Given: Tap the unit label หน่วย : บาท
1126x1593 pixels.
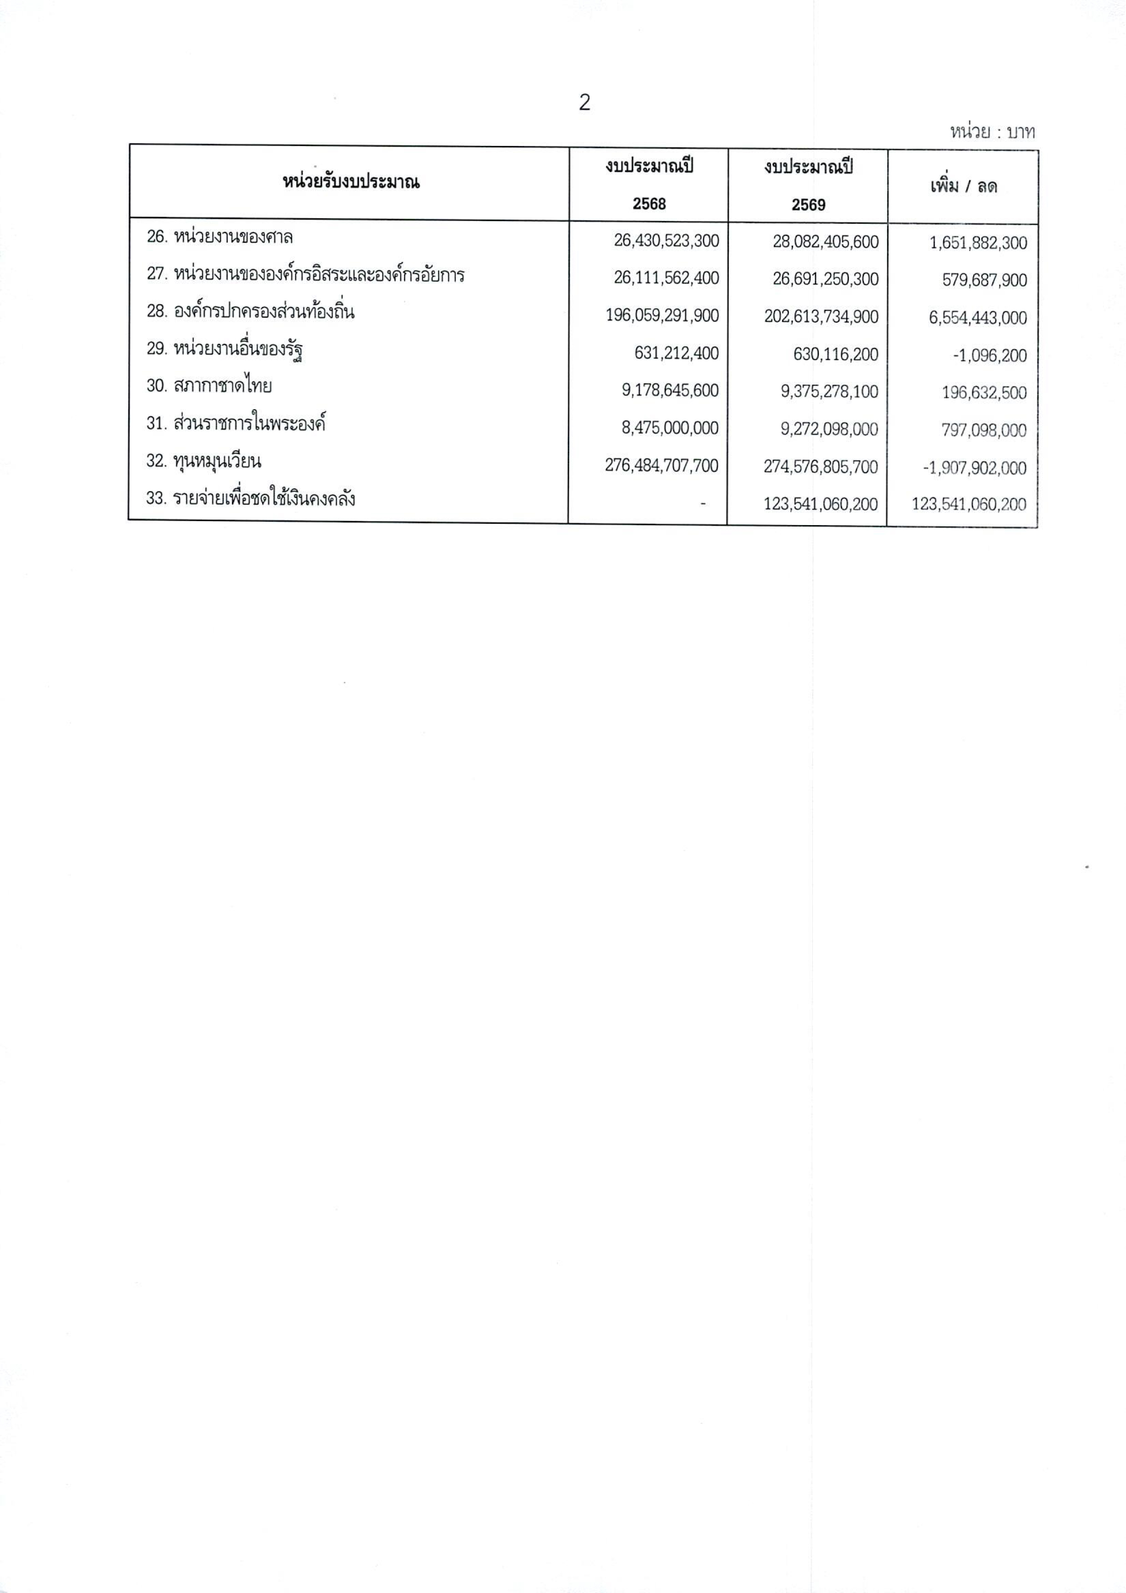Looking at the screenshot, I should [x=992, y=132].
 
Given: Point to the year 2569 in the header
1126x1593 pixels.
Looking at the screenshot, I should [x=808, y=205].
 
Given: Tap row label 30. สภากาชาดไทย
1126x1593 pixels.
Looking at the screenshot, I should [x=208, y=386].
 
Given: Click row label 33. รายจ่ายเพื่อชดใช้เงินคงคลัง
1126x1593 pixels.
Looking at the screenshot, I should [x=251, y=499].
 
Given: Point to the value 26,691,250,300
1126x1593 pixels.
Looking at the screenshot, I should [x=825, y=279].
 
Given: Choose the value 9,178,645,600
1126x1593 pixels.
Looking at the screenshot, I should [x=670, y=391].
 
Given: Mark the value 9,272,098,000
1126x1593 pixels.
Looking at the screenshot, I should [x=829, y=429].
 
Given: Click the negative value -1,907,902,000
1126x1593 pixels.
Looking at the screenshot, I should [x=974, y=468].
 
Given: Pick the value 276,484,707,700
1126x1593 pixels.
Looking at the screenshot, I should [x=661, y=466].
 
